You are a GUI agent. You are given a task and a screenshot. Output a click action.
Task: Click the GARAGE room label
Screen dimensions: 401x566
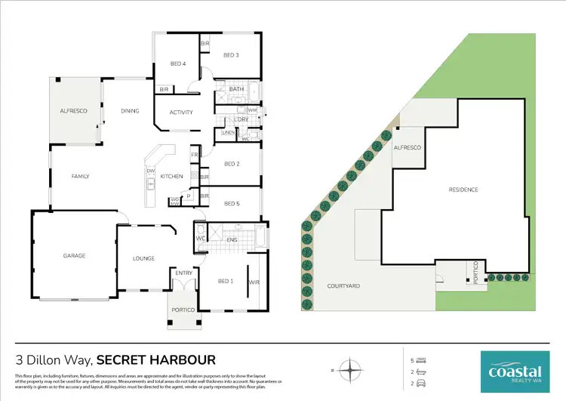pyautogui.click(x=74, y=255)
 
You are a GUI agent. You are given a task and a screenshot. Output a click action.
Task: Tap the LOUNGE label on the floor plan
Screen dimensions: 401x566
pyautogui.click(x=143, y=258)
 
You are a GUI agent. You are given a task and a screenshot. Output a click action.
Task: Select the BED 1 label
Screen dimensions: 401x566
pyautogui.click(x=225, y=281)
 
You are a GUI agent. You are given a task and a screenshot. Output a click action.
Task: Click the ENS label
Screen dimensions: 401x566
pyautogui.click(x=232, y=240)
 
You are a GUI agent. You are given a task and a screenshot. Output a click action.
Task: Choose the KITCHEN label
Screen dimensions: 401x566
pyautogui.click(x=171, y=176)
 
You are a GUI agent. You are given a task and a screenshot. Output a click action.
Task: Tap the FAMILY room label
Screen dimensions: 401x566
pyautogui.click(x=80, y=176)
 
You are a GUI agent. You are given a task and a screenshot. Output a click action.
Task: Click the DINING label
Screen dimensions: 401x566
pyautogui.click(x=130, y=111)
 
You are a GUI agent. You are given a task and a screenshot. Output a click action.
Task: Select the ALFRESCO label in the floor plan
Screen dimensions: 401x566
pyautogui.click(x=74, y=111)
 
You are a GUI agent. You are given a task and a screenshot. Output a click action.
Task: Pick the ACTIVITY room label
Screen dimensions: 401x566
pyautogui.click(x=181, y=113)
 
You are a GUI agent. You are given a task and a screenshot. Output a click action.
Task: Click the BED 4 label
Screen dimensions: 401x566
pyautogui.click(x=177, y=63)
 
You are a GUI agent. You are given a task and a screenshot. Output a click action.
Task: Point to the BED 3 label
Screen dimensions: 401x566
pyautogui.click(x=231, y=55)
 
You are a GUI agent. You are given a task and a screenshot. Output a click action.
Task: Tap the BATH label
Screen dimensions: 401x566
pyautogui.click(x=236, y=89)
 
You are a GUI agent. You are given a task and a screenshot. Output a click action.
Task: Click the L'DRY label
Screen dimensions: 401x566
pyautogui.click(x=241, y=119)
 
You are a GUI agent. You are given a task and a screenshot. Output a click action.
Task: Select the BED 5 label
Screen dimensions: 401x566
pyautogui.click(x=232, y=203)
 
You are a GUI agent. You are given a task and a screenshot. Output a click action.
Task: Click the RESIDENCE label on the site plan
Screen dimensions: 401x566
pyautogui.click(x=463, y=189)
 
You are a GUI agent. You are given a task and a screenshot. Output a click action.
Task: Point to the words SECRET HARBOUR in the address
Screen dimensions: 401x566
pyautogui.click(x=156, y=359)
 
